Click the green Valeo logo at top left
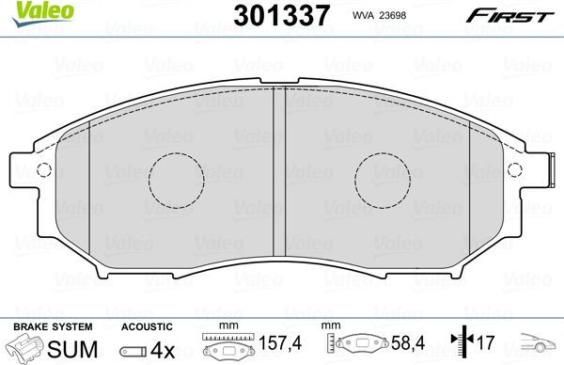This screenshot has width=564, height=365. (30, 11)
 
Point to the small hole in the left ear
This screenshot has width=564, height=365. (41, 170)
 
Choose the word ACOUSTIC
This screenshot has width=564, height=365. (146, 325)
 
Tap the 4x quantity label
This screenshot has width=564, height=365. (164, 348)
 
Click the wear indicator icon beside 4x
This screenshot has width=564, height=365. (133, 349)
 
